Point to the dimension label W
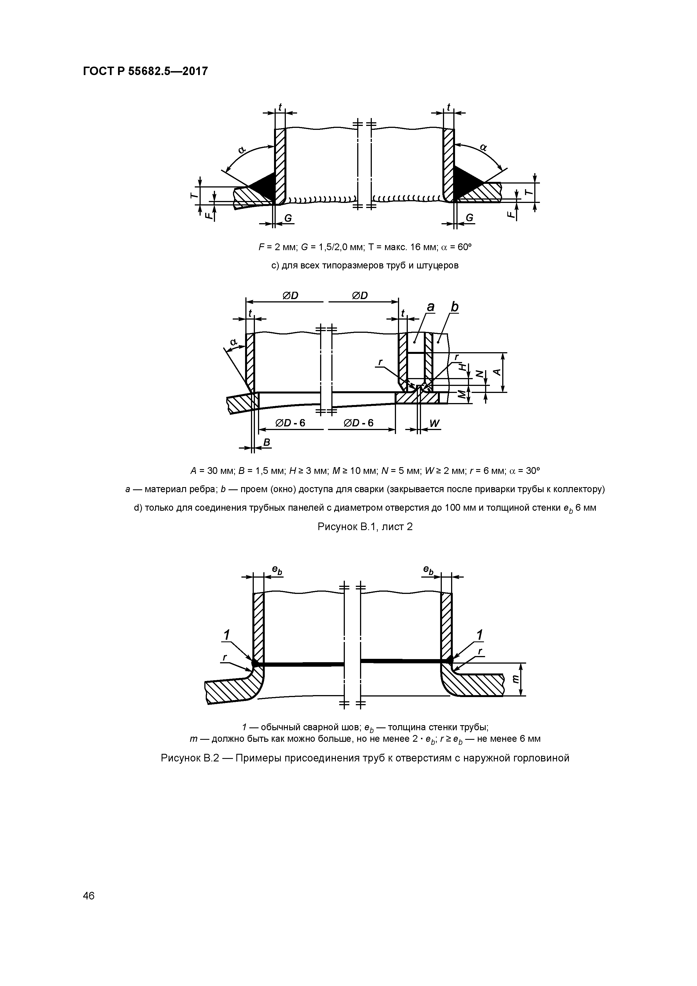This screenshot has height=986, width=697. tap(434, 423)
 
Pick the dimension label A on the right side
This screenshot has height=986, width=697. tap(497, 372)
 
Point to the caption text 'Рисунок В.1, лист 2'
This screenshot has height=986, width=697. tap(365, 526)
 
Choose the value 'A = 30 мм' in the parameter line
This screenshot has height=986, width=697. tap(212, 471)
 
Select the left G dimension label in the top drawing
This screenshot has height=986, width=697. tap(288, 219)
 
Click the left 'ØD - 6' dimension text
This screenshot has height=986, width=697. tap(290, 423)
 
